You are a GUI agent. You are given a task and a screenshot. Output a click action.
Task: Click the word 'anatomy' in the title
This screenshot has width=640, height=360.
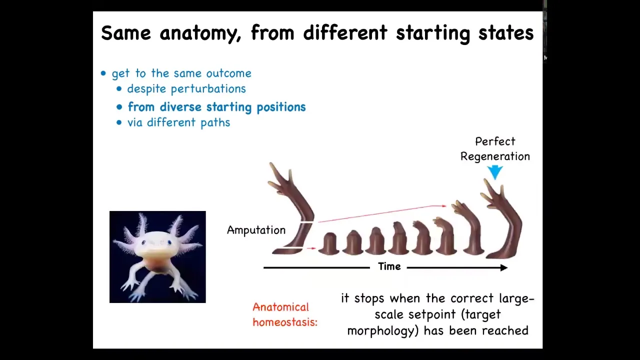(200, 33)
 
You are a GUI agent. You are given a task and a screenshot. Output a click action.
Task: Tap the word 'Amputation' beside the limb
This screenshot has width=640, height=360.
(256, 230)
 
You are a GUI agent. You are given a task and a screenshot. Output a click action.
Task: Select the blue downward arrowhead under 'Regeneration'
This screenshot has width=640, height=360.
(495, 172)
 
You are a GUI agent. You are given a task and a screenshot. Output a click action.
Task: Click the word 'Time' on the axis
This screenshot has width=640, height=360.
(389, 266)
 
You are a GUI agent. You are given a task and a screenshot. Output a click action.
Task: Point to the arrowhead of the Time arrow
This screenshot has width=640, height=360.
(503, 267)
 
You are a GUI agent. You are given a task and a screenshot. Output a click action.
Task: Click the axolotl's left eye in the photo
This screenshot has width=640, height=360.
(143, 243)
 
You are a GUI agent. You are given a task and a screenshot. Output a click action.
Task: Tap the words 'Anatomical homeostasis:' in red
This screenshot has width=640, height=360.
(285, 314)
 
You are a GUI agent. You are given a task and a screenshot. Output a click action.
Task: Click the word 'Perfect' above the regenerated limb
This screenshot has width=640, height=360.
(495, 141)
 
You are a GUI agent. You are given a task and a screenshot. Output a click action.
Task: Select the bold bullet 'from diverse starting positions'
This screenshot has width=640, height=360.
(216, 107)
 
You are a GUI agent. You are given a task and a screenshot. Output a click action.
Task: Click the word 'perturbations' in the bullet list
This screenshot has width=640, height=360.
(208, 89)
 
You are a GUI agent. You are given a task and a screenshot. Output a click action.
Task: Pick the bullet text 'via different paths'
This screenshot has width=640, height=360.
(178, 122)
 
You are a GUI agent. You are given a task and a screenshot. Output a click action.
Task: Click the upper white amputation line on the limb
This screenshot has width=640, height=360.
(307, 222)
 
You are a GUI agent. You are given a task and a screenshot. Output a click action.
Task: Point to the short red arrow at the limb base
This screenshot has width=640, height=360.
(311, 248)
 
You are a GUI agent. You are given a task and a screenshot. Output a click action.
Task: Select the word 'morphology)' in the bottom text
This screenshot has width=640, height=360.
(383, 331)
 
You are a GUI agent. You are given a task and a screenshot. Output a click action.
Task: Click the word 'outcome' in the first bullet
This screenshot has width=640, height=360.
(229, 73)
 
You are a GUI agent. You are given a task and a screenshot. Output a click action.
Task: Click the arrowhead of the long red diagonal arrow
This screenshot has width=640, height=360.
(444, 205)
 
